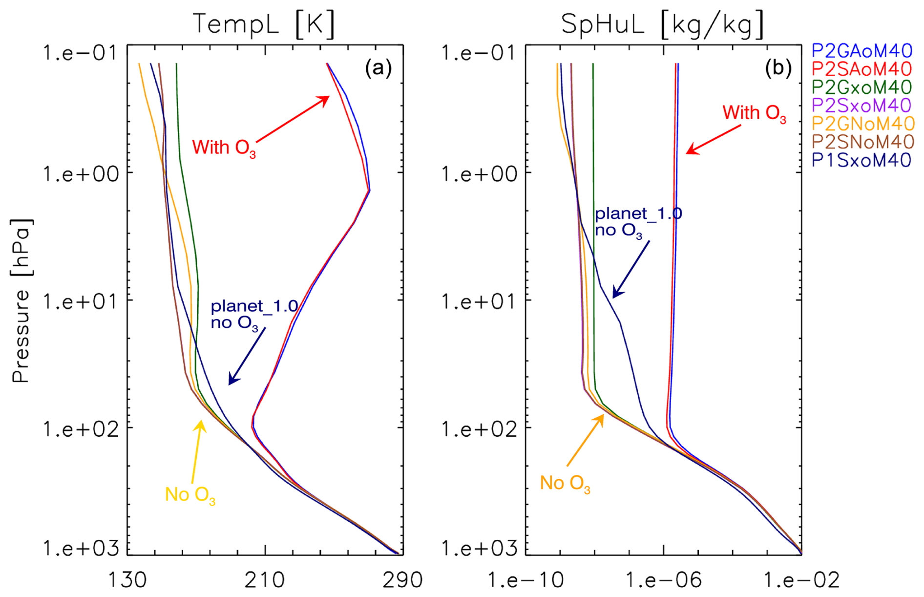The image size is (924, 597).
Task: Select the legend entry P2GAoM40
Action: (x=862, y=51)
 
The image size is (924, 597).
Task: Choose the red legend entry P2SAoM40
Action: (x=862, y=69)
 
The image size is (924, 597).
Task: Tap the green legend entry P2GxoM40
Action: (x=862, y=87)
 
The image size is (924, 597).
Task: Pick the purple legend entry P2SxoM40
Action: (x=862, y=105)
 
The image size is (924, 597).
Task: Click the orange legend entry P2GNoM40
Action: (x=863, y=123)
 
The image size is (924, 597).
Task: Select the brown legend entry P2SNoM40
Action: (x=863, y=141)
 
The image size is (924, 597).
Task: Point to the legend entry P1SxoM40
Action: (x=862, y=160)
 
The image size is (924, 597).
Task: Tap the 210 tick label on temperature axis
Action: (x=265, y=580)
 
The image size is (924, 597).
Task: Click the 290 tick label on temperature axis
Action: (x=403, y=580)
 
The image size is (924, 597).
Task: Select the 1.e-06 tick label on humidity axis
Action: (x=663, y=580)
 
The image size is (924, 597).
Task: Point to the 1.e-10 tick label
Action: (x=526, y=580)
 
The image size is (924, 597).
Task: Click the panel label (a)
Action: (x=378, y=68)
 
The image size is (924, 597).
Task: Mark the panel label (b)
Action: (x=778, y=68)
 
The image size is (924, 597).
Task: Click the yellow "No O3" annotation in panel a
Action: (x=190, y=495)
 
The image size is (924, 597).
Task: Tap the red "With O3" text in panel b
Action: (x=754, y=113)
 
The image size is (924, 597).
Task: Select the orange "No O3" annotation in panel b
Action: (x=565, y=483)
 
